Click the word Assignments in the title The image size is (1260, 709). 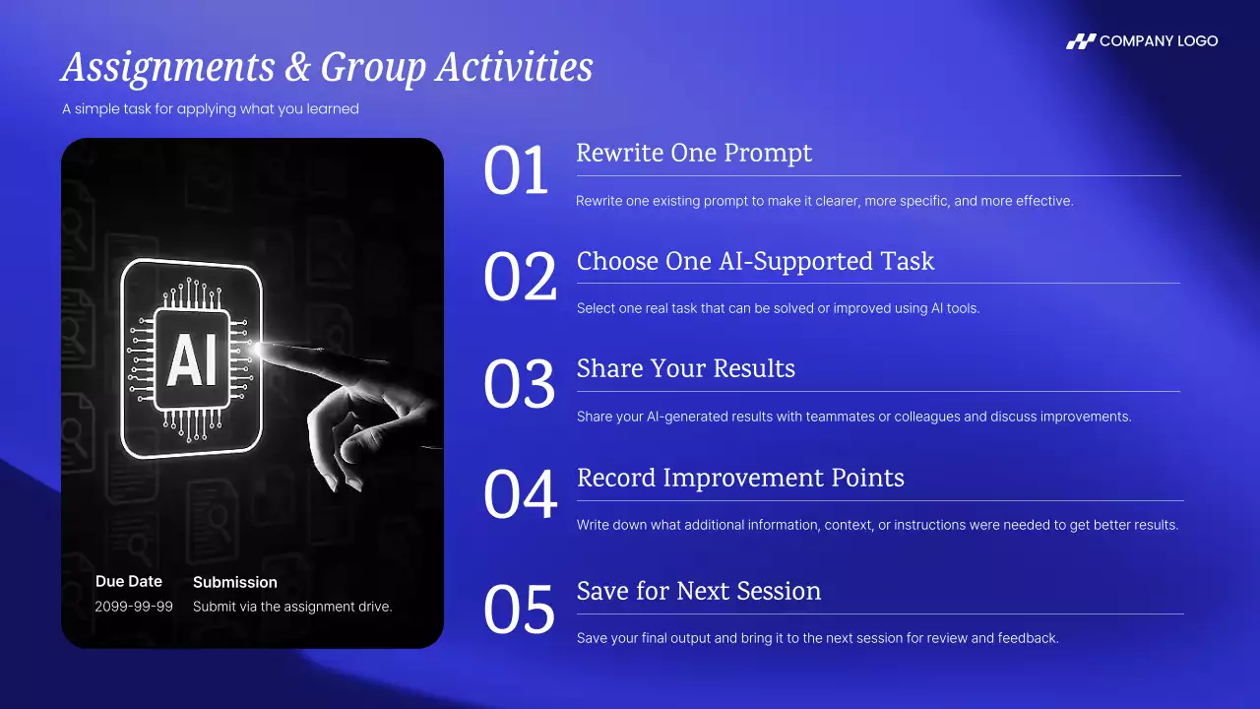(168, 68)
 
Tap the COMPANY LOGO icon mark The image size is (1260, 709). (1081, 41)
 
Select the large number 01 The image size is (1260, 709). (515, 170)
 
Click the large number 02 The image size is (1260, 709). (520, 277)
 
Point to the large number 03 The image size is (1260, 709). (519, 384)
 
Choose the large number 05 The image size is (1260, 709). (519, 610)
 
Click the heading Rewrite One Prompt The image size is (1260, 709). (694, 153)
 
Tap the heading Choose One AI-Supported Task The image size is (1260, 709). (755, 261)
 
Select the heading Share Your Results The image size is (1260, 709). (686, 368)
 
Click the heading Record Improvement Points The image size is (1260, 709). (740, 479)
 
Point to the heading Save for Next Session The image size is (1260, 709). (699, 591)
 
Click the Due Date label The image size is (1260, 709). (129, 581)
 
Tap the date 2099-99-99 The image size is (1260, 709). (134, 607)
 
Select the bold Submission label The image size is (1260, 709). (235, 582)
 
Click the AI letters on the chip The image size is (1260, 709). (192, 360)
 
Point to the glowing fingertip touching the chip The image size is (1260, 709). (259, 349)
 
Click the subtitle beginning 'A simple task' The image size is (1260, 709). (211, 109)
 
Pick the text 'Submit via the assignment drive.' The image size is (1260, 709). (292, 607)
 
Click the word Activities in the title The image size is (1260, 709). (514, 67)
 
